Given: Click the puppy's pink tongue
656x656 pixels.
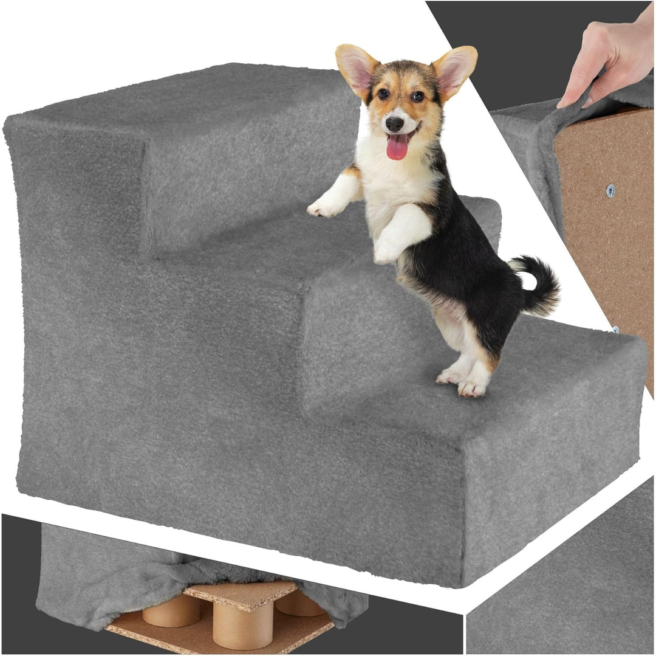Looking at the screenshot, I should (x=397, y=148).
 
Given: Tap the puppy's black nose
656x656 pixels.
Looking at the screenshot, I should (x=394, y=123).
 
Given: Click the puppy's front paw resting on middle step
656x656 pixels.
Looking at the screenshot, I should (x=386, y=250).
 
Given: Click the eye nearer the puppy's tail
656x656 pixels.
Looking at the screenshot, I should (x=417, y=96).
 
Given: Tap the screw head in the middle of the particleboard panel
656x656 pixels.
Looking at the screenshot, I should (x=610, y=190).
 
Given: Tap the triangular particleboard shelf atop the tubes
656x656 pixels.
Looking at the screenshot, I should (x=243, y=593).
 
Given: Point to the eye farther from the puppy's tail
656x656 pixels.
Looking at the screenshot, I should (x=383, y=94).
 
